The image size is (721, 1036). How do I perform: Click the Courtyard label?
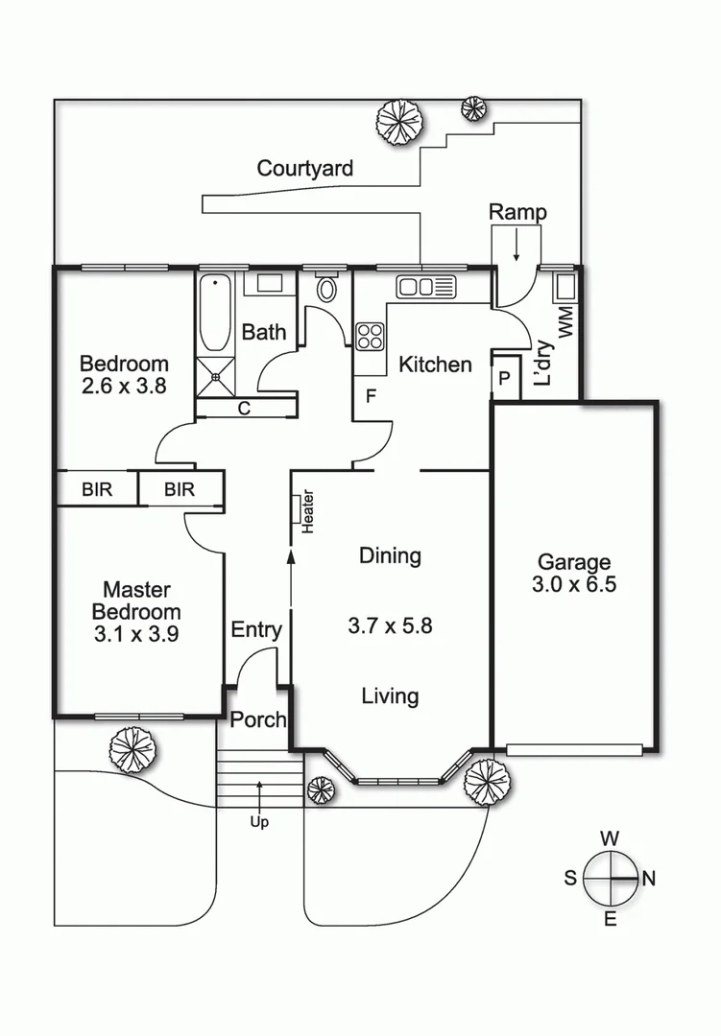click(x=304, y=169)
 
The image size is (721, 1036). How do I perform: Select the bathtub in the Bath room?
click(x=214, y=314)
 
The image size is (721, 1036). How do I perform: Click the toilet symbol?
click(x=326, y=289)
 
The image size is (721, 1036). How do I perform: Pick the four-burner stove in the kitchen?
click(x=371, y=336)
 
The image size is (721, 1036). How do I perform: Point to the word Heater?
click(x=308, y=511)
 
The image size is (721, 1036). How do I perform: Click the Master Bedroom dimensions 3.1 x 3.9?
click(x=135, y=634)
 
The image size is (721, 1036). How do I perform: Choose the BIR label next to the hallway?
click(x=180, y=490)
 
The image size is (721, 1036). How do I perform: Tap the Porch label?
click(x=258, y=718)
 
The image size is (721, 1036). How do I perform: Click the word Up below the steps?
click(x=259, y=822)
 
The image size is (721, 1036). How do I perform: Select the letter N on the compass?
click(x=648, y=878)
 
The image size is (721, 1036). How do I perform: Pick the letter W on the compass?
click(x=609, y=838)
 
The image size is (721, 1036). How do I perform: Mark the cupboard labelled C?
click(x=244, y=409)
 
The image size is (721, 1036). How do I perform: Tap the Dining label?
click(x=390, y=555)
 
